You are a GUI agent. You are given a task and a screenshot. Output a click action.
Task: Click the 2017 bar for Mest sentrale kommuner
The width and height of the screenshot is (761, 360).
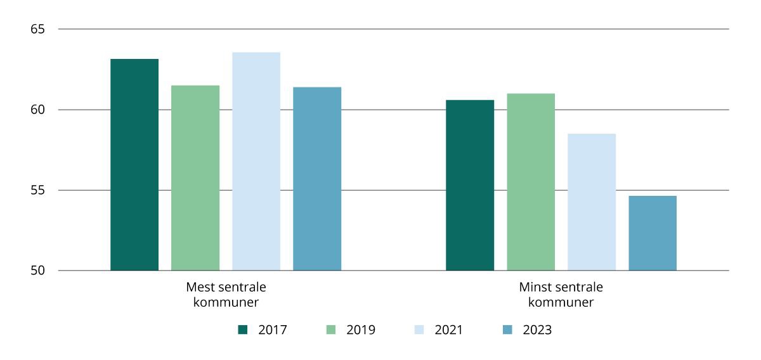(134, 165)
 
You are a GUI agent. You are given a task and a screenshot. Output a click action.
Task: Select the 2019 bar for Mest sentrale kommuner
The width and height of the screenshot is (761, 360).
(195, 178)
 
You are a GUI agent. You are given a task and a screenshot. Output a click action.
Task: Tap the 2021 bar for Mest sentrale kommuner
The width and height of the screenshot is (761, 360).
(256, 162)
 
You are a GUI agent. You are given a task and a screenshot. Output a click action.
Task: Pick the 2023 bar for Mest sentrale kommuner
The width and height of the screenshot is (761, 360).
(317, 179)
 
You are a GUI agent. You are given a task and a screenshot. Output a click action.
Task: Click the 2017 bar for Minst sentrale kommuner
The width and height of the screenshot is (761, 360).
(470, 185)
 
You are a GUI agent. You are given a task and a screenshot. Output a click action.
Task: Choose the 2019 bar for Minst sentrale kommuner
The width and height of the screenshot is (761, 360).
(531, 182)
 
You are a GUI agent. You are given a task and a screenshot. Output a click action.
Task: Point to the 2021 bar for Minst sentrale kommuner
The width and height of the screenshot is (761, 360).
(592, 202)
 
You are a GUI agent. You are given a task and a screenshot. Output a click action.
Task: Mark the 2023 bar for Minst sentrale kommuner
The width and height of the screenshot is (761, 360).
(653, 233)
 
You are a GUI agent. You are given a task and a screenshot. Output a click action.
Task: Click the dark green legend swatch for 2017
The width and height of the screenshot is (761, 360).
(242, 330)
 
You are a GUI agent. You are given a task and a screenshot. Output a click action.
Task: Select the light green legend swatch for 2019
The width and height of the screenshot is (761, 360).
(330, 330)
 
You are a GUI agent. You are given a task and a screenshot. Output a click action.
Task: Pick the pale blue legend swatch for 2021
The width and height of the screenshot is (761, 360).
(419, 330)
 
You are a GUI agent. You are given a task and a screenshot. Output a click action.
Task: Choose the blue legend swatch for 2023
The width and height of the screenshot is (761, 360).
(507, 330)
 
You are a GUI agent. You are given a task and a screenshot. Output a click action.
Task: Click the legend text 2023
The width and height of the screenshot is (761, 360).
(537, 330)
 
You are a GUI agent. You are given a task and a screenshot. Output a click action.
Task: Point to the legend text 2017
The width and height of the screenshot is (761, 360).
(273, 330)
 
